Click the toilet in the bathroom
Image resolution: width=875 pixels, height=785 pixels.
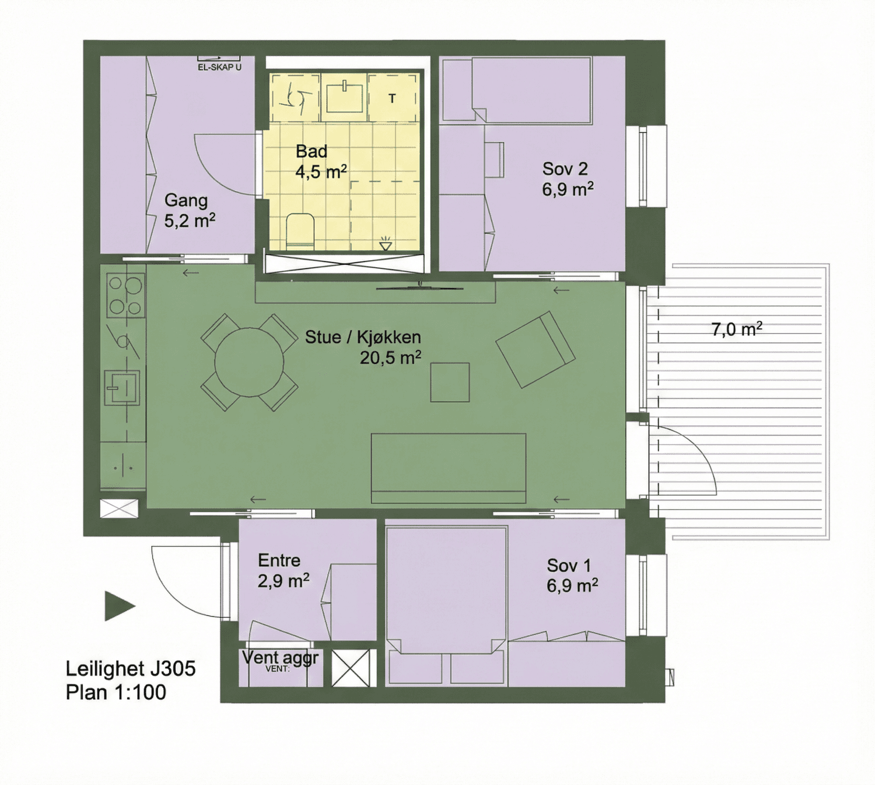[x=300, y=232]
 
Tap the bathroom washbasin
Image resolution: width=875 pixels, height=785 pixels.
[x=344, y=97]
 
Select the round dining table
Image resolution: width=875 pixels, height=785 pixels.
[x=250, y=362]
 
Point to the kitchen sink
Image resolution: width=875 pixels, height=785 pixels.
[x=123, y=388]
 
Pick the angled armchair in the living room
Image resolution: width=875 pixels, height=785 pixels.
[x=535, y=350]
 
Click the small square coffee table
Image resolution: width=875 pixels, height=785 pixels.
[x=450, y=382]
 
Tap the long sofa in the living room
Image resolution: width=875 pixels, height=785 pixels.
[x=449, y=468]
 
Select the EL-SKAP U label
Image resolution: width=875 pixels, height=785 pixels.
[x=219, y=67]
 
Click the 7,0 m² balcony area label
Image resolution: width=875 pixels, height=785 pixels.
[x=736, y=329]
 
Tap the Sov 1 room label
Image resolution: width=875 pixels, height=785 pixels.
[x=572, y=575]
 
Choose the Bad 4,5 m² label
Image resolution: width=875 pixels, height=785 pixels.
[x=321, y=162]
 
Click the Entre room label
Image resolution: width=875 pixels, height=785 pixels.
[x=283, y=570]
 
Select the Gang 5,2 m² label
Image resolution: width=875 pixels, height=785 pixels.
[x=190, y=211]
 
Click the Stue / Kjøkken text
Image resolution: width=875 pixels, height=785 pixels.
[x=363, y=337]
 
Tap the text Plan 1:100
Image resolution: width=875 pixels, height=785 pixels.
[x=116, y=692]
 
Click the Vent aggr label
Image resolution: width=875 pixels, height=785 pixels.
[x=280, y=658]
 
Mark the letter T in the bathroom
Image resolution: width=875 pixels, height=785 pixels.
[x=392, y=99]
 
